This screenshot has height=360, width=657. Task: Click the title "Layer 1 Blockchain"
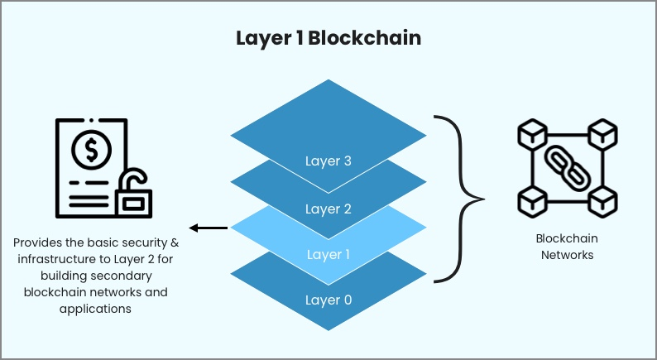tap(328, 39)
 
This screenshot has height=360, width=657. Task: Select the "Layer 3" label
tap(328, 161)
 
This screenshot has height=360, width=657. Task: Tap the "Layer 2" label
tap(328, 209)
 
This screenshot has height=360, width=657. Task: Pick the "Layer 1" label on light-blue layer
tap(328, 254)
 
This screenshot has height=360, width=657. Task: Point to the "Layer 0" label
tap(328, 300)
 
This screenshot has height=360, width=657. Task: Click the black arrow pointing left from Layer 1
tap(207, 228)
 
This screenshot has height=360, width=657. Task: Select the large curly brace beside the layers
tap(459, 198)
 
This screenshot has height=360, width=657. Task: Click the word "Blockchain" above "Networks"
tap(567, 238)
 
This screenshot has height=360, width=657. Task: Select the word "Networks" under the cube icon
tap(567, 255)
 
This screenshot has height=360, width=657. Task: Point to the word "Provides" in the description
tap(36, 243)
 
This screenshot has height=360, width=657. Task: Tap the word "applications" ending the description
tap(96, 309)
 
